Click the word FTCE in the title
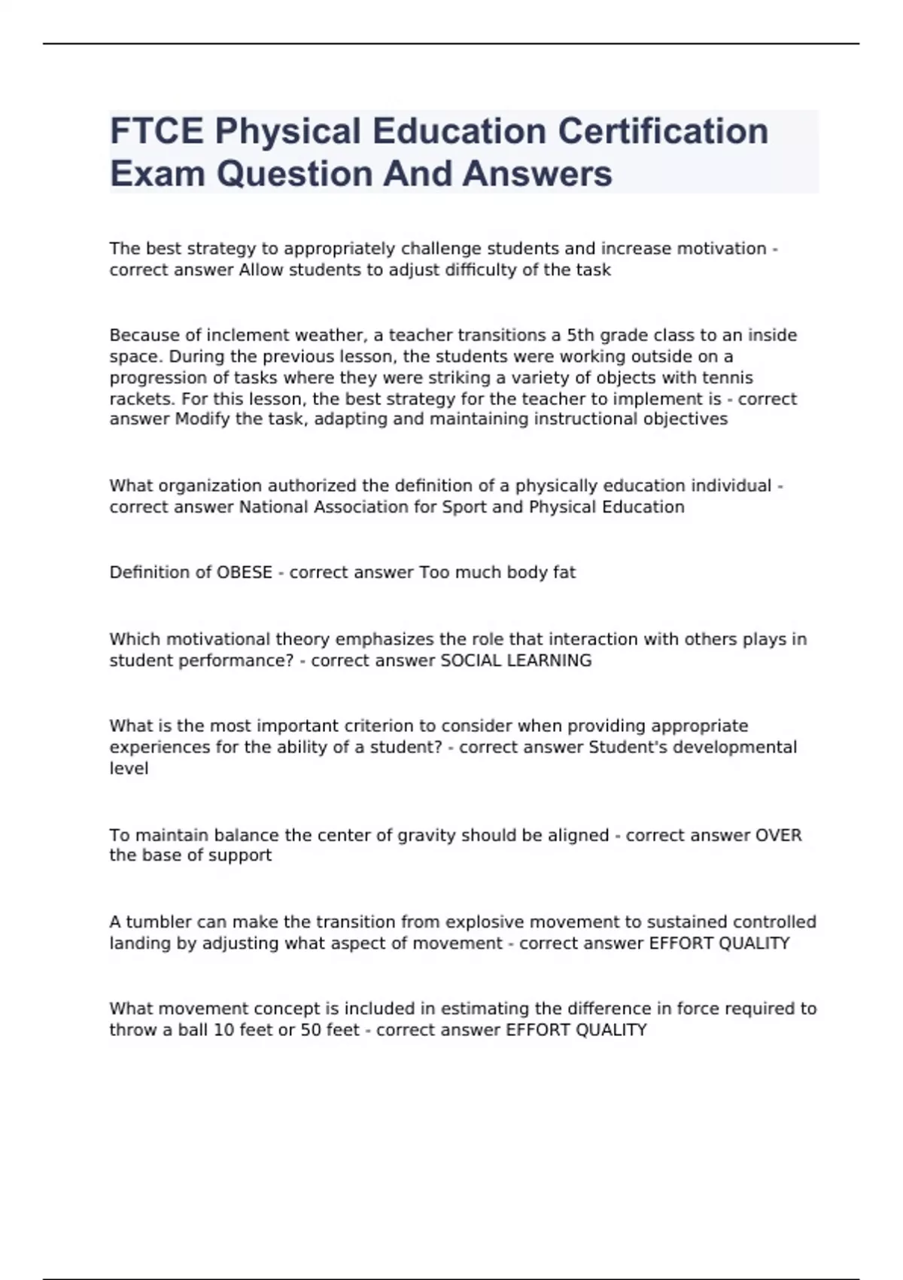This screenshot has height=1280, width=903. tap(157, 131)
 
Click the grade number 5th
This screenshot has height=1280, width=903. tap(580, 335)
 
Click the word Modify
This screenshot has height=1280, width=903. tap(202, 419)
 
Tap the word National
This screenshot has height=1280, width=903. tap(273, 507)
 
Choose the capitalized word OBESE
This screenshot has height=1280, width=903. tap(244, 572)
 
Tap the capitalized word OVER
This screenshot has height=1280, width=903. tap(778, 835)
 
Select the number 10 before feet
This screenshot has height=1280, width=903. tap(224, 1029)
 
